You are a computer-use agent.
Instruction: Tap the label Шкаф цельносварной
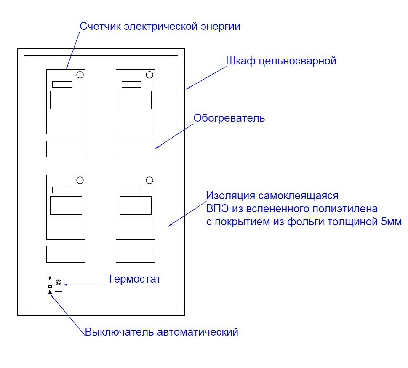tap(281, 61)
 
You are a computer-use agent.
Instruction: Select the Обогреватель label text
tap(229, 118)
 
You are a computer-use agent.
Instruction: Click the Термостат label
tap(134, 279)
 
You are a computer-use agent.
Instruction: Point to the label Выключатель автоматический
tap(161, 332)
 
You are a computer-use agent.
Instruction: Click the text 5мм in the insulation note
tap(391, 222)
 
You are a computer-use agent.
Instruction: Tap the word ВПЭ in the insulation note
tap(216, 209)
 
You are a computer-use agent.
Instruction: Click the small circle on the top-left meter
tap(80, 75)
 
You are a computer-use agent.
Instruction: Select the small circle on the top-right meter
tap(149, 75)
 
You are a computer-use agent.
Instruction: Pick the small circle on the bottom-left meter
tap(80, 180)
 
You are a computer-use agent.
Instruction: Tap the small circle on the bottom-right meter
tap(149, 180)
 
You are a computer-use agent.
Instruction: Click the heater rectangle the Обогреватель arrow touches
tap(135, 149)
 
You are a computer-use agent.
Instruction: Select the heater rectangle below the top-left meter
tap(66, 149)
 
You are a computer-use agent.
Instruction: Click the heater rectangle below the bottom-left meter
tap(66, 254)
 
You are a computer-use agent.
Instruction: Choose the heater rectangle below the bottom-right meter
tap(135, 254)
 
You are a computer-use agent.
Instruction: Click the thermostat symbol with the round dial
tap(58, 284)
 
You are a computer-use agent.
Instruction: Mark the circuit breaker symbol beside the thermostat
tap(50, 285)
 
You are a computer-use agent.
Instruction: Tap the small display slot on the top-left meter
tap(62, 84)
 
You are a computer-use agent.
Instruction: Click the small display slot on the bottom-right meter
tap(131, 189)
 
